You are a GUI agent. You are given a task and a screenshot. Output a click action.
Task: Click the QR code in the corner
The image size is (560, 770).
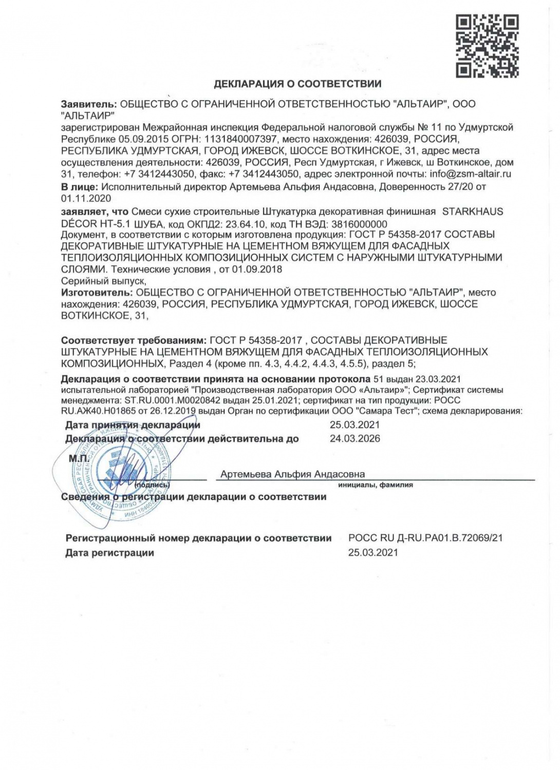tap(487, 46)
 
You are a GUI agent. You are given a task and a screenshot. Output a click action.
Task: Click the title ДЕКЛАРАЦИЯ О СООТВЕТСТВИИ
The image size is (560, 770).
tap(297, 84)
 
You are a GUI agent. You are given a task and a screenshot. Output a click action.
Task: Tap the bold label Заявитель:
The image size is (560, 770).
tap(89, 104)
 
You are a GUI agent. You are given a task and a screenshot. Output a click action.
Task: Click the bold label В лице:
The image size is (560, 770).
tap(80, 187)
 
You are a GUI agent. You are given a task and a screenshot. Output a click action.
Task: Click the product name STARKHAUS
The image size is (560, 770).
tap(473, 211)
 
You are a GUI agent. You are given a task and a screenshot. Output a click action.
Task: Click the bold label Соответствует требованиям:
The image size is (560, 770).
tap(133, 340)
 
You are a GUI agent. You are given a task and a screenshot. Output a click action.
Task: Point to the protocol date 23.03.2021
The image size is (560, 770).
tap(438, 379)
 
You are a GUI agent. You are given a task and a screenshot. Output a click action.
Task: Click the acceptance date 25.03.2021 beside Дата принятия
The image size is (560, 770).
tap(354, 425)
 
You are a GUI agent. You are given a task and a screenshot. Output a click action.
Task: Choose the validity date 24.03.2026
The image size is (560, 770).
tap(354, 439)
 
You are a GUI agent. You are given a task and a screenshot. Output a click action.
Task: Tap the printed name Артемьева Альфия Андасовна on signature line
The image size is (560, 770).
tap(292, 474)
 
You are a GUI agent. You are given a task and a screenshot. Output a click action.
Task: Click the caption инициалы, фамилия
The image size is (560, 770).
tap(375, 485)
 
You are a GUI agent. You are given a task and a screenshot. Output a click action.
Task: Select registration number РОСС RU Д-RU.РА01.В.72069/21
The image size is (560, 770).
tap(425, 538)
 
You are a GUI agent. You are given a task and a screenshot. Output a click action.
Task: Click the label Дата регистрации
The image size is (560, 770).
tap(109, 553)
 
